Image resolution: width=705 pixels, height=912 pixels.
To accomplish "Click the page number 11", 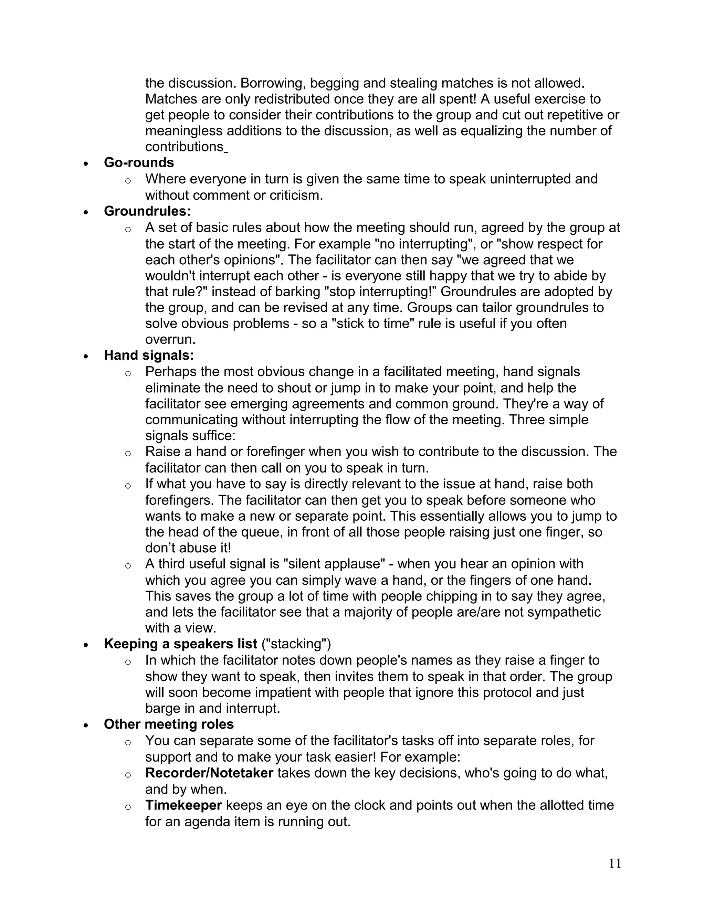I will coord(615,863).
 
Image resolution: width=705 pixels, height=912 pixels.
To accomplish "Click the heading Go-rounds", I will coord(139,162).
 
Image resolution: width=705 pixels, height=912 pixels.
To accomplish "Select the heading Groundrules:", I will coord(147,211).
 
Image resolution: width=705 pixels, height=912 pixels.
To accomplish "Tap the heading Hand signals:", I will coord(149,356).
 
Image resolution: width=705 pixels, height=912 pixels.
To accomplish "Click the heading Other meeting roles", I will coord(169,724).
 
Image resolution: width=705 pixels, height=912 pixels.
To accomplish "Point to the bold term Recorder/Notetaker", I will coord(209,773).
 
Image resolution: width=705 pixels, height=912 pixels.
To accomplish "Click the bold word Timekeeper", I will coord(183,805).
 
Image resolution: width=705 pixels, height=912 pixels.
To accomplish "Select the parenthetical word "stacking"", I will coord(296,644).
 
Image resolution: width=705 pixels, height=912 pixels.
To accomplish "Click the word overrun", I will coord(170,339).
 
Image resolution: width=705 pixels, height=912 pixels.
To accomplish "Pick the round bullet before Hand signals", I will coord(86,356).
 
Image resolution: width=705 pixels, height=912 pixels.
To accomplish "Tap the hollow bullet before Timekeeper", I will coord(128,806).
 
